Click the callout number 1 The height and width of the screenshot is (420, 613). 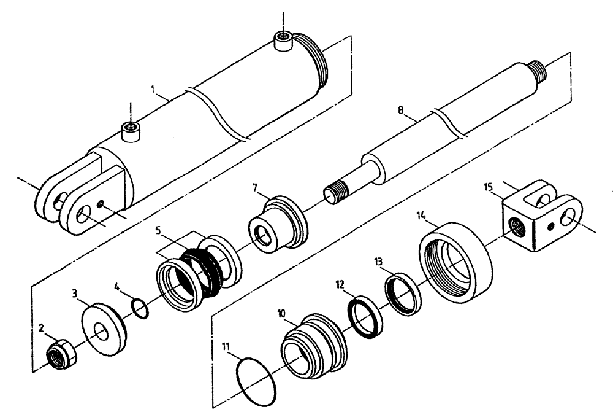pyautogui.click(x=154, y=89)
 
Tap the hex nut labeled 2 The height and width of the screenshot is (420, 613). pyautogui.click(x=61, y=354)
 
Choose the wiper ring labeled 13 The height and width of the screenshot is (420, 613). pyautogui.click(x=402, y=295)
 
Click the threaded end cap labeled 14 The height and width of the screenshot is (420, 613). pyautogui.click(x=456, y=260)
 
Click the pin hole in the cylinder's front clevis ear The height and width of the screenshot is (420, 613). pyautogui.click(x=83, y=216)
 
